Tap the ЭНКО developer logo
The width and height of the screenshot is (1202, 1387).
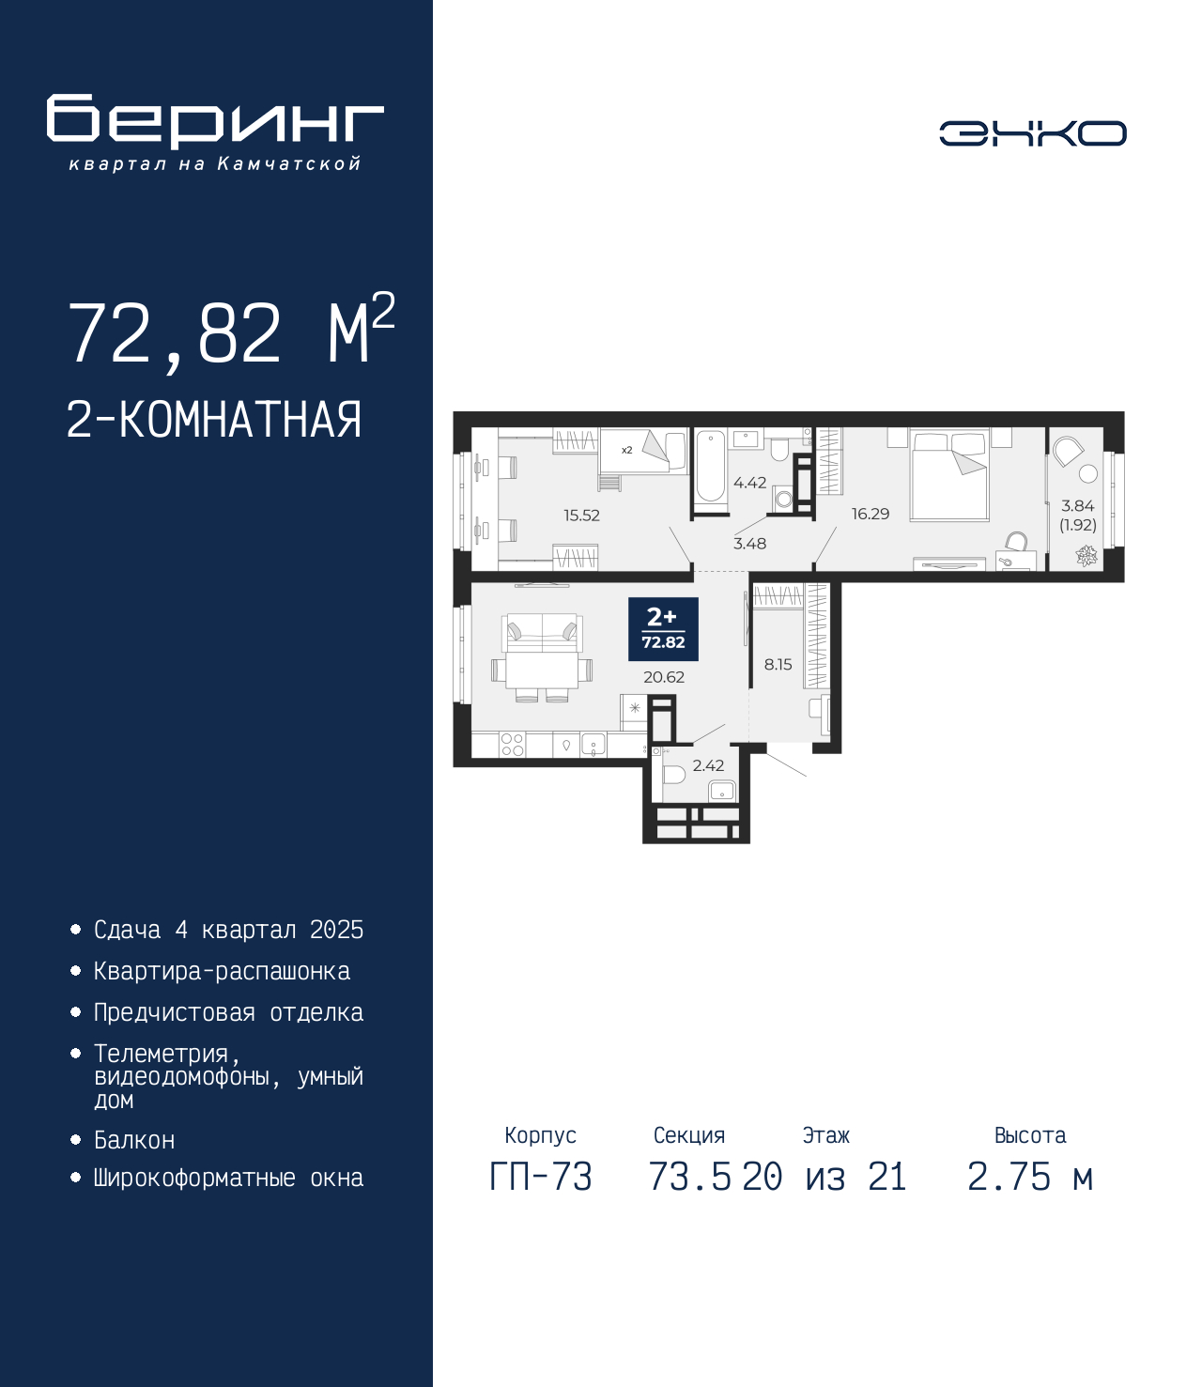pyautogui.click(x=1032, y=132)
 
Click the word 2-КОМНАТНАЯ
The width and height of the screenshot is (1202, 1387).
pyautogui.click(x=214, y=420)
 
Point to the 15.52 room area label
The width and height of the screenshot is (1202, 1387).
pyautogui.click(x=581, y=516)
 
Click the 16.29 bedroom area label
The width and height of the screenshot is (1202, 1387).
pyautogui.click(x=870, y=514)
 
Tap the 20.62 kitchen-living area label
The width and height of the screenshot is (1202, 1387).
pyautogui.click(x=664, y=677)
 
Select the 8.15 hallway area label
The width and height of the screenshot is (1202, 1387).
pyautogui.click(x=778, y=664)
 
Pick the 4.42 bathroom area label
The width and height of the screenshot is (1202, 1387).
pyautogui.click(x=749, y=483)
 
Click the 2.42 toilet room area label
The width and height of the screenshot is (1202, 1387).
pyautogui.click(x=708, y=765)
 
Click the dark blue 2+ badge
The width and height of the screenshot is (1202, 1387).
pyautogui.click(x=663, y=629)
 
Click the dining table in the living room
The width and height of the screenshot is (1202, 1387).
pyautogui.click(x=542, y=670)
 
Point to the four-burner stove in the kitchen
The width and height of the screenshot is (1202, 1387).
pyautogui.click(x=512, y=744)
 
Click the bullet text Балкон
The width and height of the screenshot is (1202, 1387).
pyautogui.click(x=134, y=1140)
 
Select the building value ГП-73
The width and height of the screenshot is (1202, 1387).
pyautogui.click(x=540, y=1177)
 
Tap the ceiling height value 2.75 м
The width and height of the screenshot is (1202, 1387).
pyautogui.click(x=1030, y=1177)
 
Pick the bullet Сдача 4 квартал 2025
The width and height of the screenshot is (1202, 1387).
pyautogui.click(x=228, y=930)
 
